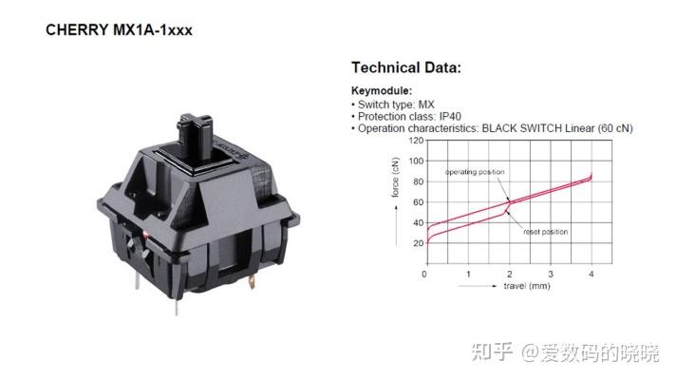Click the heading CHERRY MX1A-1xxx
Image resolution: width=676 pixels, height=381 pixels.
click(119, 30)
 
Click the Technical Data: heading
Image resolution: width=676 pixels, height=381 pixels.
click(406, 67)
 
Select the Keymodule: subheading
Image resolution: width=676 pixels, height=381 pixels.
click(382, 90)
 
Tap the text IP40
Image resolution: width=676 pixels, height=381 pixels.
click(450, 117)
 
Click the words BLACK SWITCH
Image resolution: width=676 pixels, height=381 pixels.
click(521, 128)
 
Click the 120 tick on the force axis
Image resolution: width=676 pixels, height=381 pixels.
click(416, 141)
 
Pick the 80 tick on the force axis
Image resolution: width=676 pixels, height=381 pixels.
click(418, 181)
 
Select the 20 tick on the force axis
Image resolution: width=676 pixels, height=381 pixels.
click(418, 243)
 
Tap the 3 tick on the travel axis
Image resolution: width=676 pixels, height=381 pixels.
click(551, 274)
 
